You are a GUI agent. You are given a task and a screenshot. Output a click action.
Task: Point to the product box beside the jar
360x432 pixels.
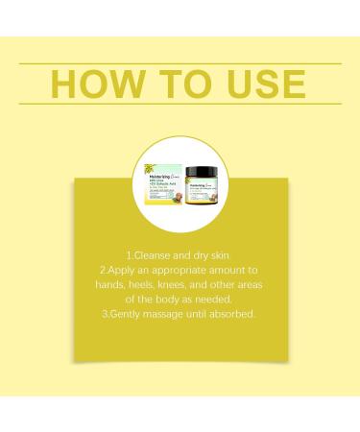click(x=163, y=179)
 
